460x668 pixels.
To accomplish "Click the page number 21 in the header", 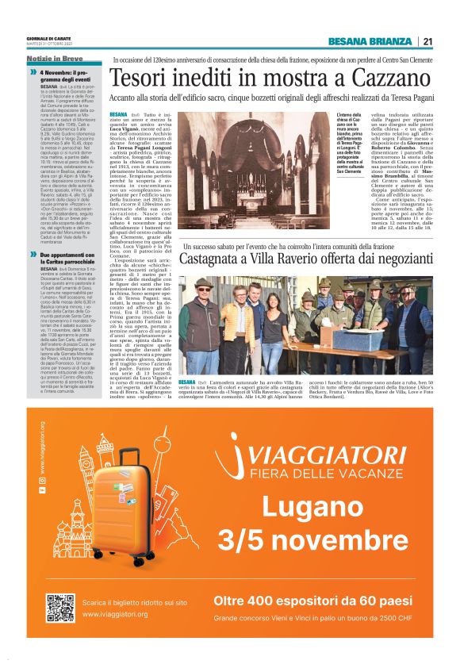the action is (x=427, y=42).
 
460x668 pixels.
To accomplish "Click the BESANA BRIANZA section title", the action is (x=370, y=42).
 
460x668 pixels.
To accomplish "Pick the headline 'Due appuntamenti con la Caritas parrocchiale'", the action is (x=68, y=259).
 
